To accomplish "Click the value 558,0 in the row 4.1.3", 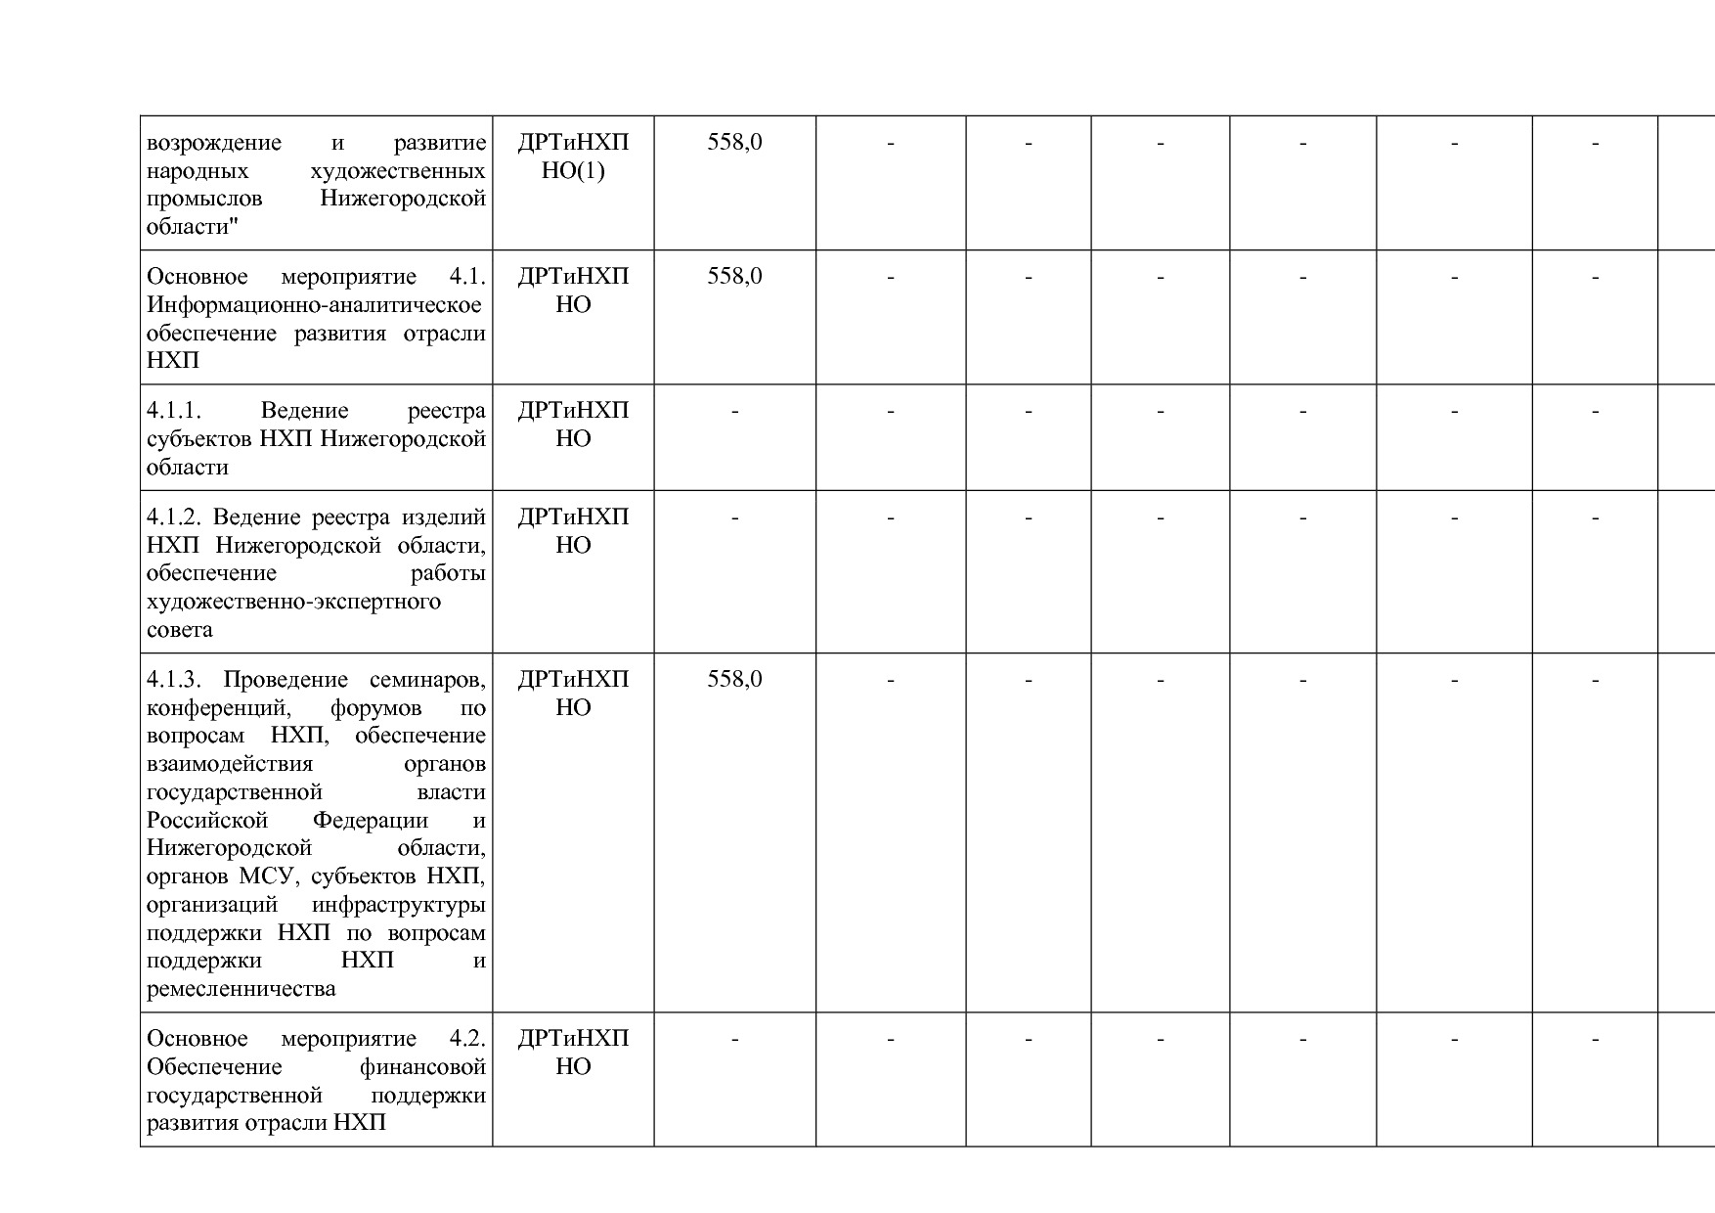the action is (x=734, y=679).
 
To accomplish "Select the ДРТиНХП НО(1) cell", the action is (x=573, y=157).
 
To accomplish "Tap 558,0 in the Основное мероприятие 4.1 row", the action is (x=734, y=276).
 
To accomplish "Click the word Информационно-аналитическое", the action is (x=314, y=304).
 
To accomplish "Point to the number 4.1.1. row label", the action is (x=174, y=410).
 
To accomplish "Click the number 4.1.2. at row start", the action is (x=174, y=517).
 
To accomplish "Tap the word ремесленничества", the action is (x=241, y=988).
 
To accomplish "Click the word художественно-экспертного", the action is (x=293, y=601).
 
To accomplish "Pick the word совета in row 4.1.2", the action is (x=180, y=629).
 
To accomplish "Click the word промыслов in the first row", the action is (x=204, y=199).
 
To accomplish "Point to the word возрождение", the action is (x=213, y=143).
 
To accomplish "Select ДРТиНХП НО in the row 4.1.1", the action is (x=573, y=424).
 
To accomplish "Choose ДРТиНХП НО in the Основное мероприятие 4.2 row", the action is (x=573, y=1052).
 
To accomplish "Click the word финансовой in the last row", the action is (x=422, y=1066).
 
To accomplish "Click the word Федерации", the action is (x=370, y=820).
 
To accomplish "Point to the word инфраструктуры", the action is (x=398, y=904).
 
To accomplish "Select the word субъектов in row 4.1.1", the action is (x=199, y=438).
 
